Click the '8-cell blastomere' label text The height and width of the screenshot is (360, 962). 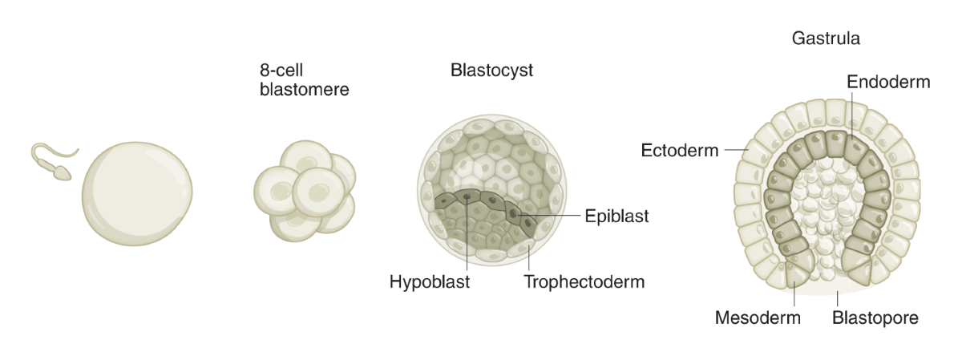point(304,79)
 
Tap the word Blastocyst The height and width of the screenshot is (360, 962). point(491,71)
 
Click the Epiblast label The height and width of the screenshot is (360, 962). point(616,216)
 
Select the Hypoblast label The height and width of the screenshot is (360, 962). point(429,282)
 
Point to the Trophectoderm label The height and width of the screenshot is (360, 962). point(584,282)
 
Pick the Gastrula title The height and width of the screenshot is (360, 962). point(826,38)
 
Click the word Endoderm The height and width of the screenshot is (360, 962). point(888,82)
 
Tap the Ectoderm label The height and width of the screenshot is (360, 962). point(680,150)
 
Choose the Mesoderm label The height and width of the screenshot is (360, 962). point(758,318)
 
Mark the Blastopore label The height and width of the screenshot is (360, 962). point(875,318)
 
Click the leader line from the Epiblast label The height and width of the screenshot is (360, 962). point(553,216)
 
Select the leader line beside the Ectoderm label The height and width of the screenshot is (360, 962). point(734,149)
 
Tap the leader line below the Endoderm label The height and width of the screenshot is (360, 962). point(852,112)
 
